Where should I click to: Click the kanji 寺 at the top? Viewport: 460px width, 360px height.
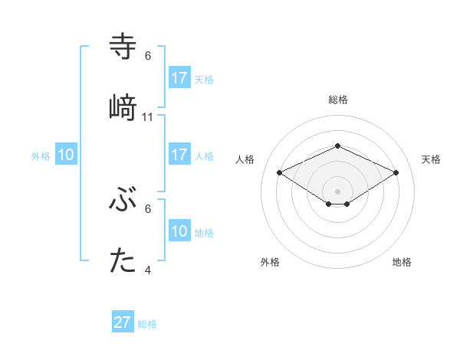[123, 46]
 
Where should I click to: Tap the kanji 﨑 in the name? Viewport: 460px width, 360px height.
[123, 106]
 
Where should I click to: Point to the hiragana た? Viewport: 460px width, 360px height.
[123, 262]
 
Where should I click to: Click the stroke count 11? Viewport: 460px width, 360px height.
[148, 116]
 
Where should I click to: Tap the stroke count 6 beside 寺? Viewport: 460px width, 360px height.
[148, 55]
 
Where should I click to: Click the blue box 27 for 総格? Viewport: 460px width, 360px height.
[123, 322]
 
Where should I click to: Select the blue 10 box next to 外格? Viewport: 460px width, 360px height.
[66, 155]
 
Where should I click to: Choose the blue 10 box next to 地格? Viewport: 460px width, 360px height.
[179, 231]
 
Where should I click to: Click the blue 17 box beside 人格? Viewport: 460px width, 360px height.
[179, 155]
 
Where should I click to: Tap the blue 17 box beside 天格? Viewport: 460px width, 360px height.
[179, 78]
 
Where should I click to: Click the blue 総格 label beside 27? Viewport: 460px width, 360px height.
[147, 324]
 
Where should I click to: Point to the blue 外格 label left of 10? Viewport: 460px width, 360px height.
[41, 156]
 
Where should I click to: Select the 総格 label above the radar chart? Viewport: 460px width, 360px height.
[337, 100]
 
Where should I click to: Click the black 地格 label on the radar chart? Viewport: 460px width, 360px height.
[402, 263]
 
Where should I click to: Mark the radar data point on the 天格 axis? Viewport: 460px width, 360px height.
[396, 172]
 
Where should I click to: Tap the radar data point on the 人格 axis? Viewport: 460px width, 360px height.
[279, 172]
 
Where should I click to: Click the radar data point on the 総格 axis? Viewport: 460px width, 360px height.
[337, 146]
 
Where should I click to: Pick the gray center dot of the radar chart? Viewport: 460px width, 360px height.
[337, 191]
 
